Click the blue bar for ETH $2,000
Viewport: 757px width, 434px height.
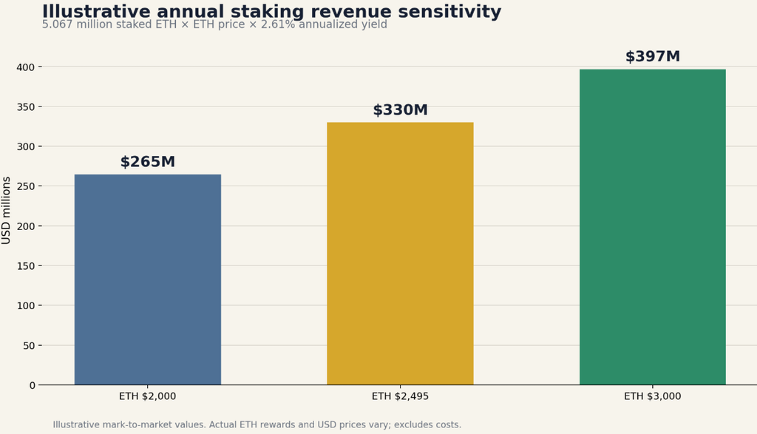pyautogui.click(x=148, y=279)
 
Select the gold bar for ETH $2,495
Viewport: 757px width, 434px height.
pyautogui.click(x=400, y=254)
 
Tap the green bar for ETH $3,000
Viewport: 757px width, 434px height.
pyautogui.click(x=653, y=227)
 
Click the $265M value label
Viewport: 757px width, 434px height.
pyautogui.click(x=148, y=162)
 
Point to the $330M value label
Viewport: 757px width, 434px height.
pyautogui.click(x=400, y=110)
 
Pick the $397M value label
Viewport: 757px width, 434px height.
pyautogui.click(x=653, y=56)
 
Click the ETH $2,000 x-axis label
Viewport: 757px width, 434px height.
pyautogui.click(x=148, y=396)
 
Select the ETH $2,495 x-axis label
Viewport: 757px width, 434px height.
pyautogui.click(x=400, y=396)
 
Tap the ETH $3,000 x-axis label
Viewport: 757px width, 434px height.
pyautogui.click(x=653, y=396)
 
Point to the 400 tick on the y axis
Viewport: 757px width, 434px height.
pyautogui.click(x=26, y=67)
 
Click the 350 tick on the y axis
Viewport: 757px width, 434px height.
pyautogui.click(x=26, y=106)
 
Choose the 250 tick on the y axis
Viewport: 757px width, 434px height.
pyautogui.click(x=26, y=186)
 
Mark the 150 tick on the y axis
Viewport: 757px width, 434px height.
pyautogui.click(x=26, y=266)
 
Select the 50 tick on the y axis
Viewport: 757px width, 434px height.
pyautogui.click(x=29, y=346)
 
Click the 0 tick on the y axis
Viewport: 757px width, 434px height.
pyautogui.click(x=33, y=385)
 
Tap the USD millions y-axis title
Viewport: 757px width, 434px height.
pyautogui.click(x=6, y=211)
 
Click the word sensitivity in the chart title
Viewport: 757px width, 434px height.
pyautogui.click(x=450, y=11)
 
